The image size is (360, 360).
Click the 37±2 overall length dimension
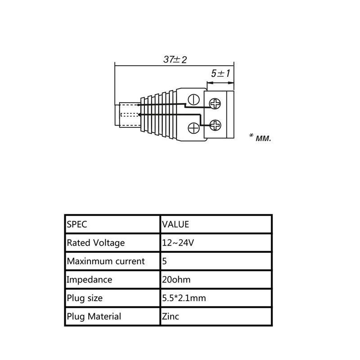click(175, 59)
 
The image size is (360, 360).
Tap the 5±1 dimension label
click(220, 73)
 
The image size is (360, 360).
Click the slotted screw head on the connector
click(194, 99)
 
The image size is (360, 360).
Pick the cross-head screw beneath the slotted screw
click(194, 128)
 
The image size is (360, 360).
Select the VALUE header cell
click(175, 224)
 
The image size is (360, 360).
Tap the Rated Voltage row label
click(96, 243)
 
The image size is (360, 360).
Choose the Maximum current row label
click(106, 261)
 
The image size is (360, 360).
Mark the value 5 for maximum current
click(165, 261)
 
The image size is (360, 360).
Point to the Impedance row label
click(89, 279)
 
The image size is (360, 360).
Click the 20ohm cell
click(176, 279)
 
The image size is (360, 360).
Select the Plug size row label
click(85, 298)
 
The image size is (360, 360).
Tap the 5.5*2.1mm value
click(184, 298)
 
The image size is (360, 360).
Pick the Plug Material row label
click(94, 316)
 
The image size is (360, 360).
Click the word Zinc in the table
click(170, 316)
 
